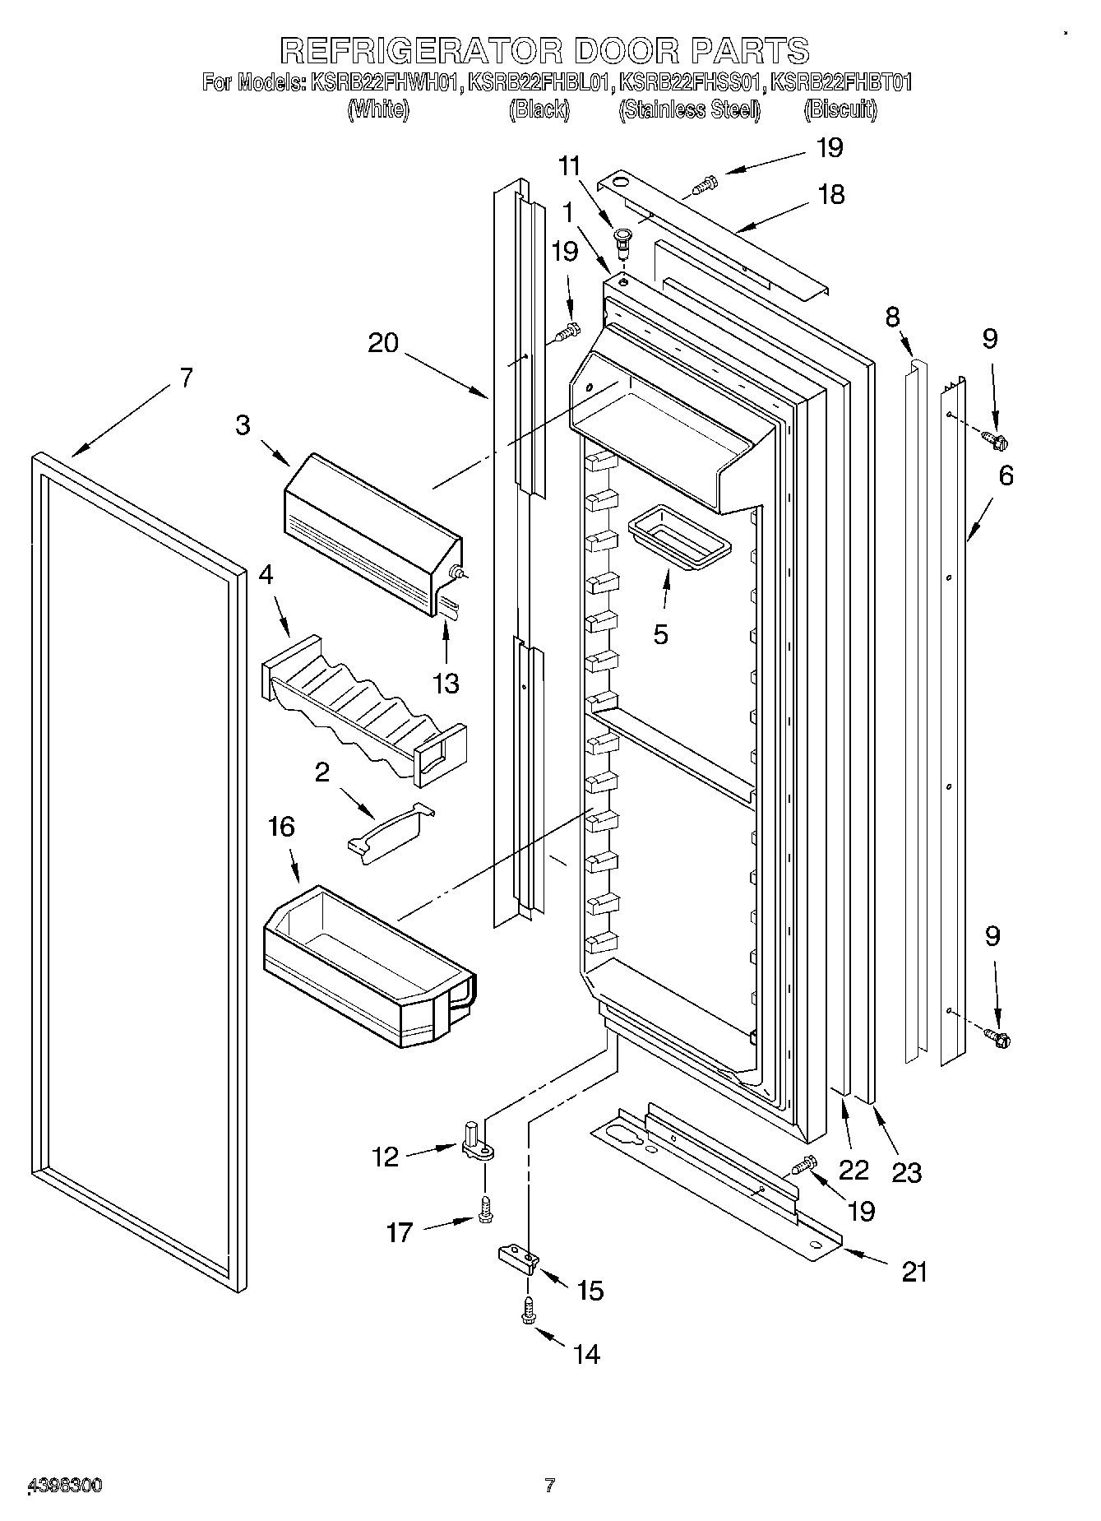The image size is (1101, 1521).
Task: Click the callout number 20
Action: pyautogui.click(x=382, y=342)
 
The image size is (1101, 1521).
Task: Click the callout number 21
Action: pyautogui.click(x=914, y=1272)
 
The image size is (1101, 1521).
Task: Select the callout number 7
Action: pyautogui.click(x=186, y=378)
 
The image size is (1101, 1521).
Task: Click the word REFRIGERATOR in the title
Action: pyautogui.click(x=421, y=50)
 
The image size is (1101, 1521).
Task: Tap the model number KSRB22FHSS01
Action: pyautogui.click(x=692, y=83)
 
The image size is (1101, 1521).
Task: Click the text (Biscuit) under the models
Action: pyautogui.click(x=840, y=109)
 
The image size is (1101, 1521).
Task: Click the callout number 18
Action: pyautogui.click(x=832, y=195)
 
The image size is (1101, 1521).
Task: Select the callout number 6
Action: pyautogui.click(x=1006, y=475)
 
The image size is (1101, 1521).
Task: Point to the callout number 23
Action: pyautogui.click(x=907, y=1172)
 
